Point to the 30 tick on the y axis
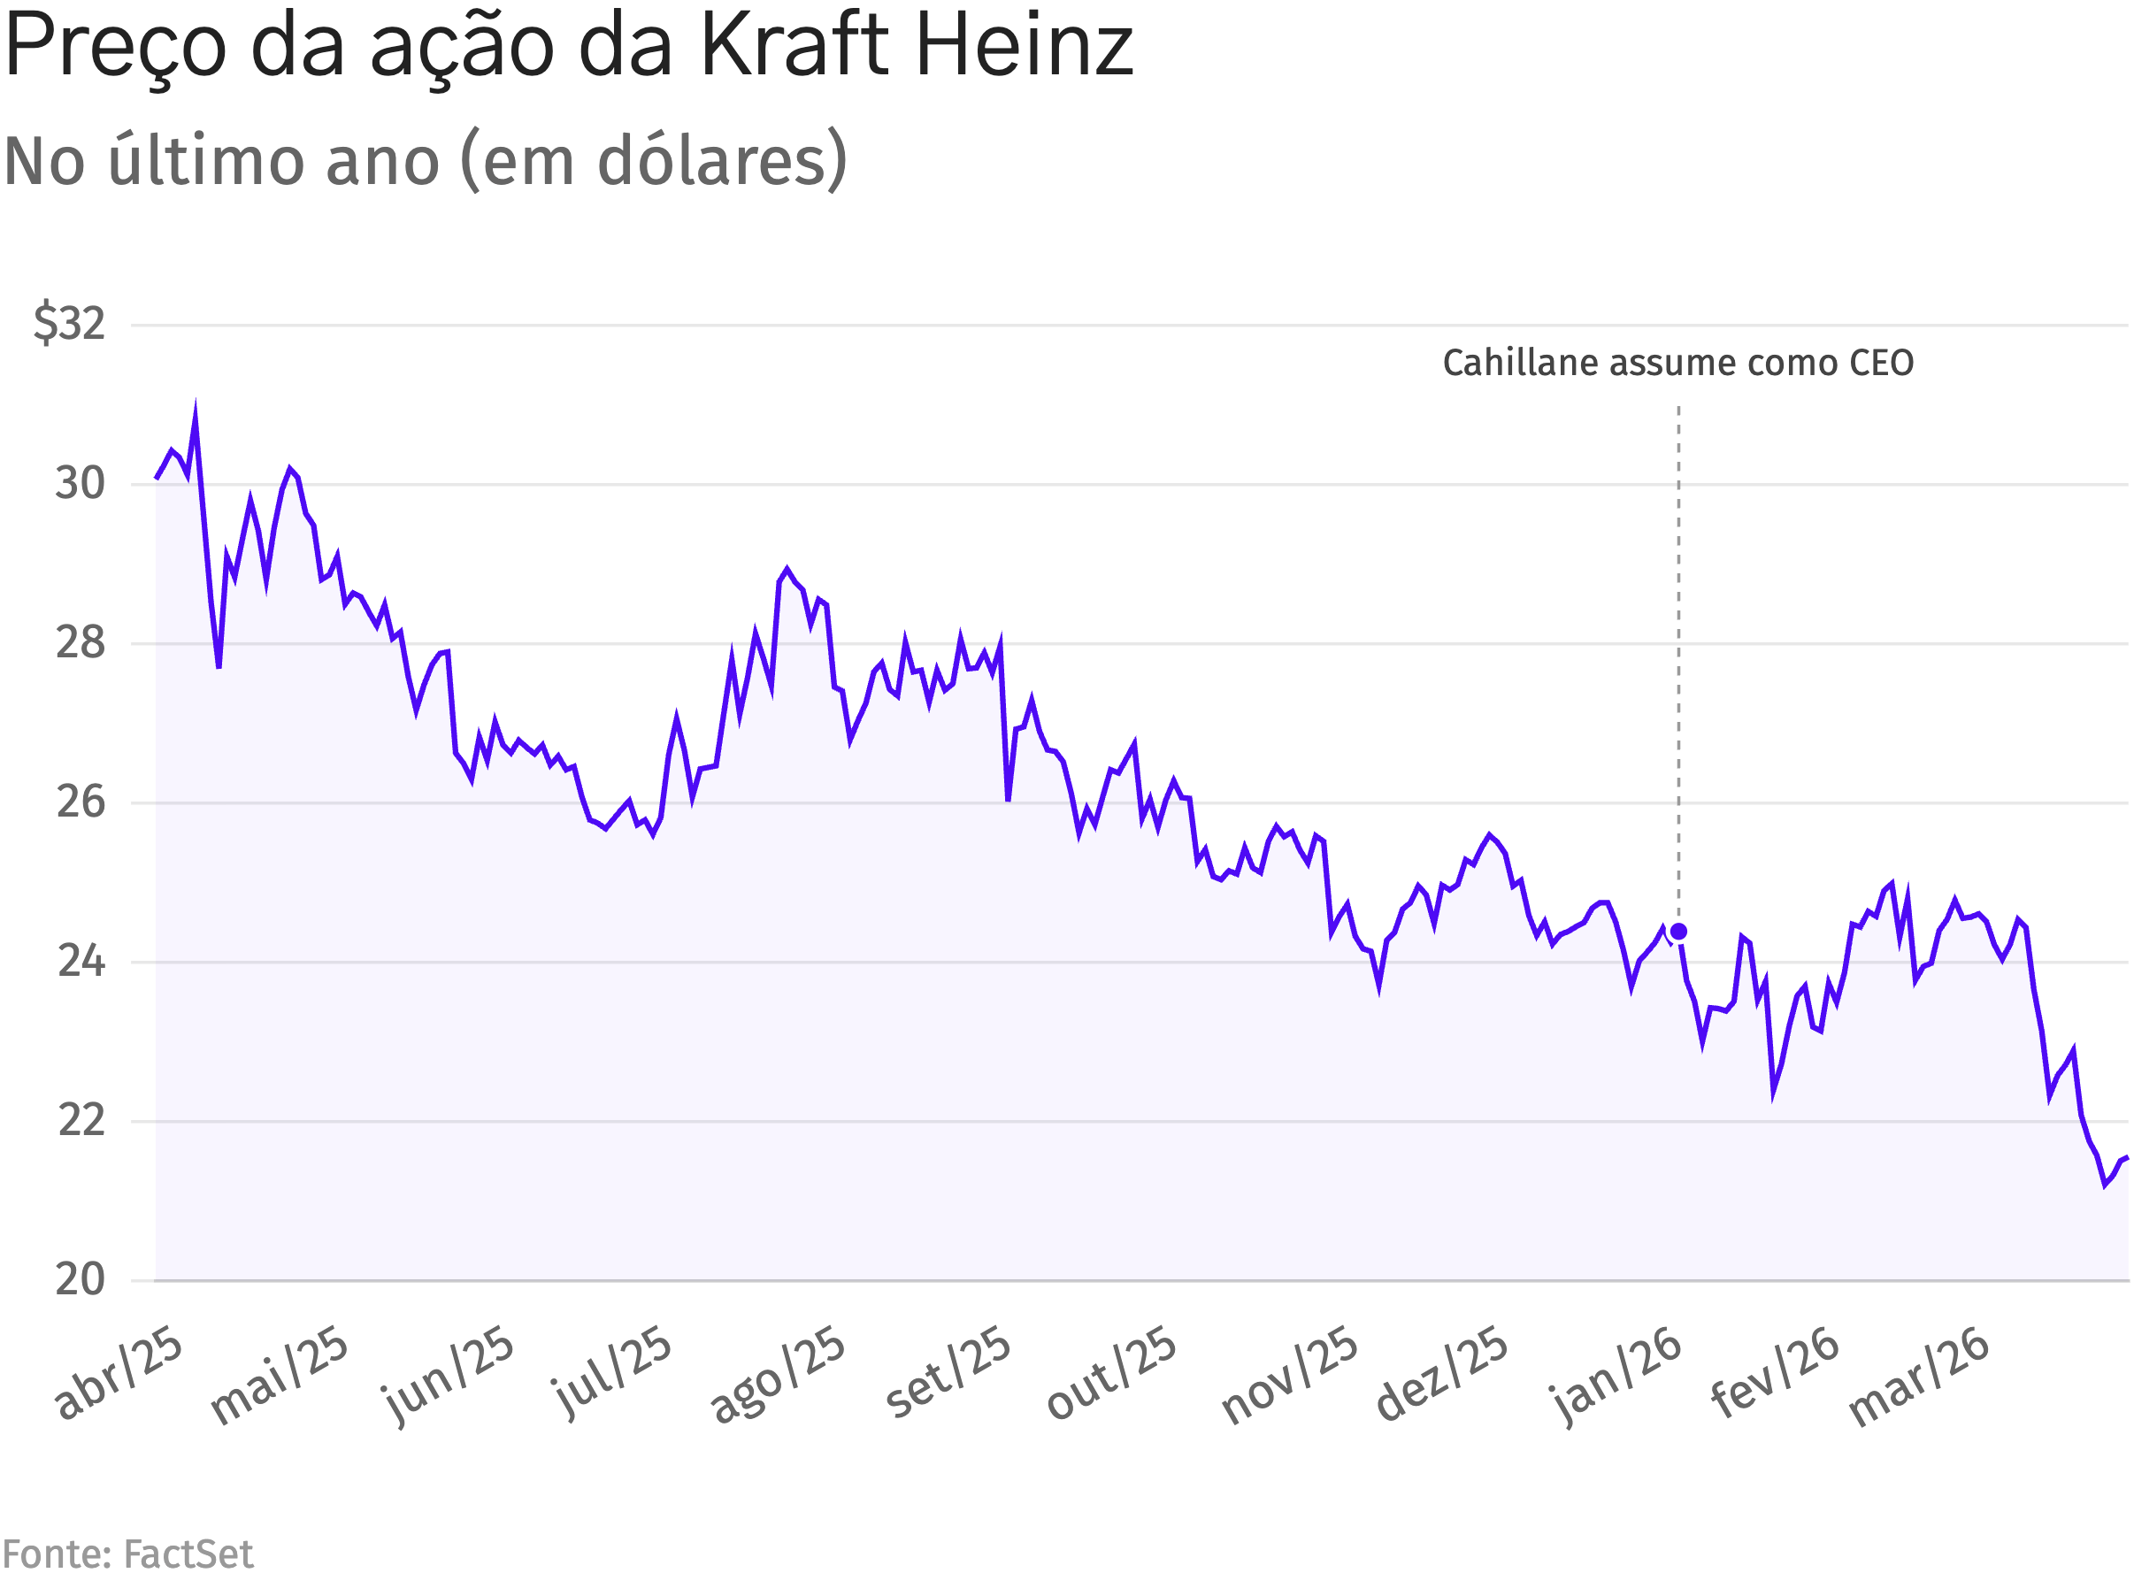click(79, 484)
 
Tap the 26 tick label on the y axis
click(79, 802)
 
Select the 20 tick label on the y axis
click(79, 1278)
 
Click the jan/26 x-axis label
click(1616, 1374)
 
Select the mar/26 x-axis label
click(1918, 1376)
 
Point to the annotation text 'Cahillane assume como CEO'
click(1677, 363)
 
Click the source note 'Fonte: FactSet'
click(127, 1554)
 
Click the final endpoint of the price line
click(2126, 1158)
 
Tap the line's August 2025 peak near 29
click(787, 570)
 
